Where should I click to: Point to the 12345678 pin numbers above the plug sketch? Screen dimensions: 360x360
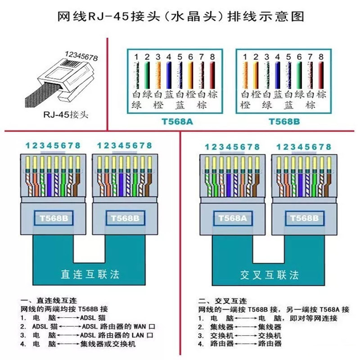pyautogui.click(x=81, y=56)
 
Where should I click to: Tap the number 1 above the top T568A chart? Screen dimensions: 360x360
pyautogui.click(x=135, y=57)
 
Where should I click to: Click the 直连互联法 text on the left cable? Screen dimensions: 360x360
pyautogui.click(x=90, y=273)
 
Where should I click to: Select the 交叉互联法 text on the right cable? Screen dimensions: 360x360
pyautogui.click(x=269, y=274)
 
